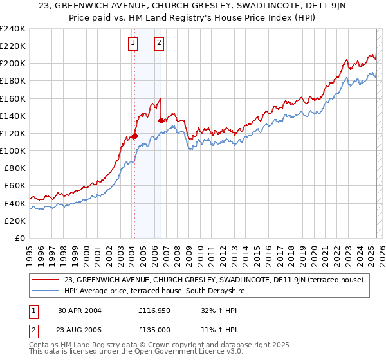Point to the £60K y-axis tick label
pos(14,186)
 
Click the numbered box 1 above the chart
pos(133,44)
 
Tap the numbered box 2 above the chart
pos(159,44)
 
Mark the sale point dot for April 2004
pos(134,136)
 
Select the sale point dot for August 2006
pos(161,120)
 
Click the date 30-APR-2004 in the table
pos(80,310)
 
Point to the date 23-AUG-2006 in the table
pos(80,331)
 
